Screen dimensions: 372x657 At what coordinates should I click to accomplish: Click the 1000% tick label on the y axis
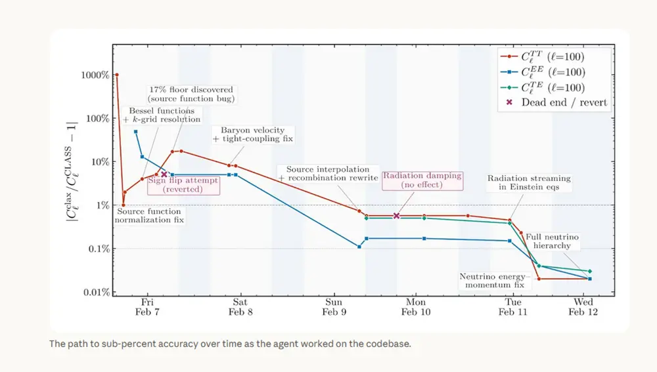click(95, 75)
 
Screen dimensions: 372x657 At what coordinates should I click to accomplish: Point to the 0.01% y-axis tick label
click(95, 292)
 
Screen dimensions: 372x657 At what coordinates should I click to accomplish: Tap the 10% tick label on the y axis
click(99, 161)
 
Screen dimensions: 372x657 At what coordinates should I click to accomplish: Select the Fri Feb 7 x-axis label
click(147, 307)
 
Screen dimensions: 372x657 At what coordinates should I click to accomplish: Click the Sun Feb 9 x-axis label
click(334, 307)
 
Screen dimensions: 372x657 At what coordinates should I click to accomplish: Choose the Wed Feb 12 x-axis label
click(583, 307)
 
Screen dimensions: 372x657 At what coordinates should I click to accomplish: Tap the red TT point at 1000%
click(117, 75)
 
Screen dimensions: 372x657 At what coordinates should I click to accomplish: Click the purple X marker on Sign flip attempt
click(164, 174)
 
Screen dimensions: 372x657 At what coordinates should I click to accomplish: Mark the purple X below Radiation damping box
click(396, 215)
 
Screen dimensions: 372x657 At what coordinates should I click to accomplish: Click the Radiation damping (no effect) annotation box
click(422, 180)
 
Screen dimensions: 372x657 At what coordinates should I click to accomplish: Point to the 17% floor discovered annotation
click(191, 94)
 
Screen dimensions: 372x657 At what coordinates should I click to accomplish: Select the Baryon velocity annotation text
click(252, 134)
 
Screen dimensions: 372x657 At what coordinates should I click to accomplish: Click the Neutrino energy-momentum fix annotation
click(492, 281)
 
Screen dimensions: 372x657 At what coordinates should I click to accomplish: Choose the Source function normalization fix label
click(149, 215)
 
